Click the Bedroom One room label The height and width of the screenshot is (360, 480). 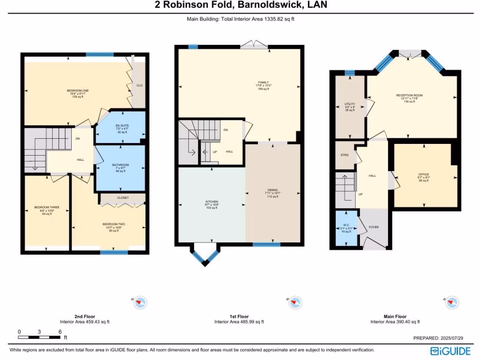(x=75, y=90)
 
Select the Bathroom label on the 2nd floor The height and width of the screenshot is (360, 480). (x=120, y=165)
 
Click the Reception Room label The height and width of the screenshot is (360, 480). (x=409, y=95)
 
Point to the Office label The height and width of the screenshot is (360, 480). (x=423, y=175)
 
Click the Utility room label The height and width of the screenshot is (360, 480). (x=350, y=104)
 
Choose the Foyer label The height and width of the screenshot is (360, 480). (x=374, y=227)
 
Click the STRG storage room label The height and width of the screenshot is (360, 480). (x=345, y=155)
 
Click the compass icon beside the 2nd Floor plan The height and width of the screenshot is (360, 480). (x=140, y=303)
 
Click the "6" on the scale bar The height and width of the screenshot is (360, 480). (x=60, y=332)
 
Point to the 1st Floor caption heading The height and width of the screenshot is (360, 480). (x=239, y=316)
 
